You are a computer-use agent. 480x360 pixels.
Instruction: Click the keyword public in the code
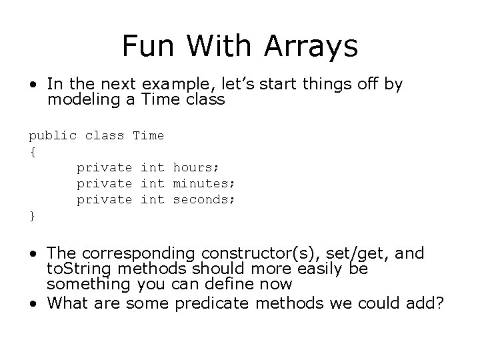pyautogui.click(x=52, y=136)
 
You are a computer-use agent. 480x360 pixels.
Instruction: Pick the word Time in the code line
pyautogui.click(x=148, y=135)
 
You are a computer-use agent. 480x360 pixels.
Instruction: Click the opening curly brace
pyautogui.click(x=32, y=152)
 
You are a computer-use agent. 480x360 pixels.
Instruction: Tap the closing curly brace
pyautogui.click(x=32, y=216)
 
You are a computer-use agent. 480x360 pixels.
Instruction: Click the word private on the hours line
pyautogui.click(x=104, y=167)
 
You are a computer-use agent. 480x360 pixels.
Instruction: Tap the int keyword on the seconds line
pyautogui.click(x=152, y=199)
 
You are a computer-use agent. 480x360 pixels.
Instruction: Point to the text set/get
pyautogui.click(x=359, y=253)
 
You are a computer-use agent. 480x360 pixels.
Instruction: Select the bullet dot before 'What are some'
pyautogui.click(x=33, y=303)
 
